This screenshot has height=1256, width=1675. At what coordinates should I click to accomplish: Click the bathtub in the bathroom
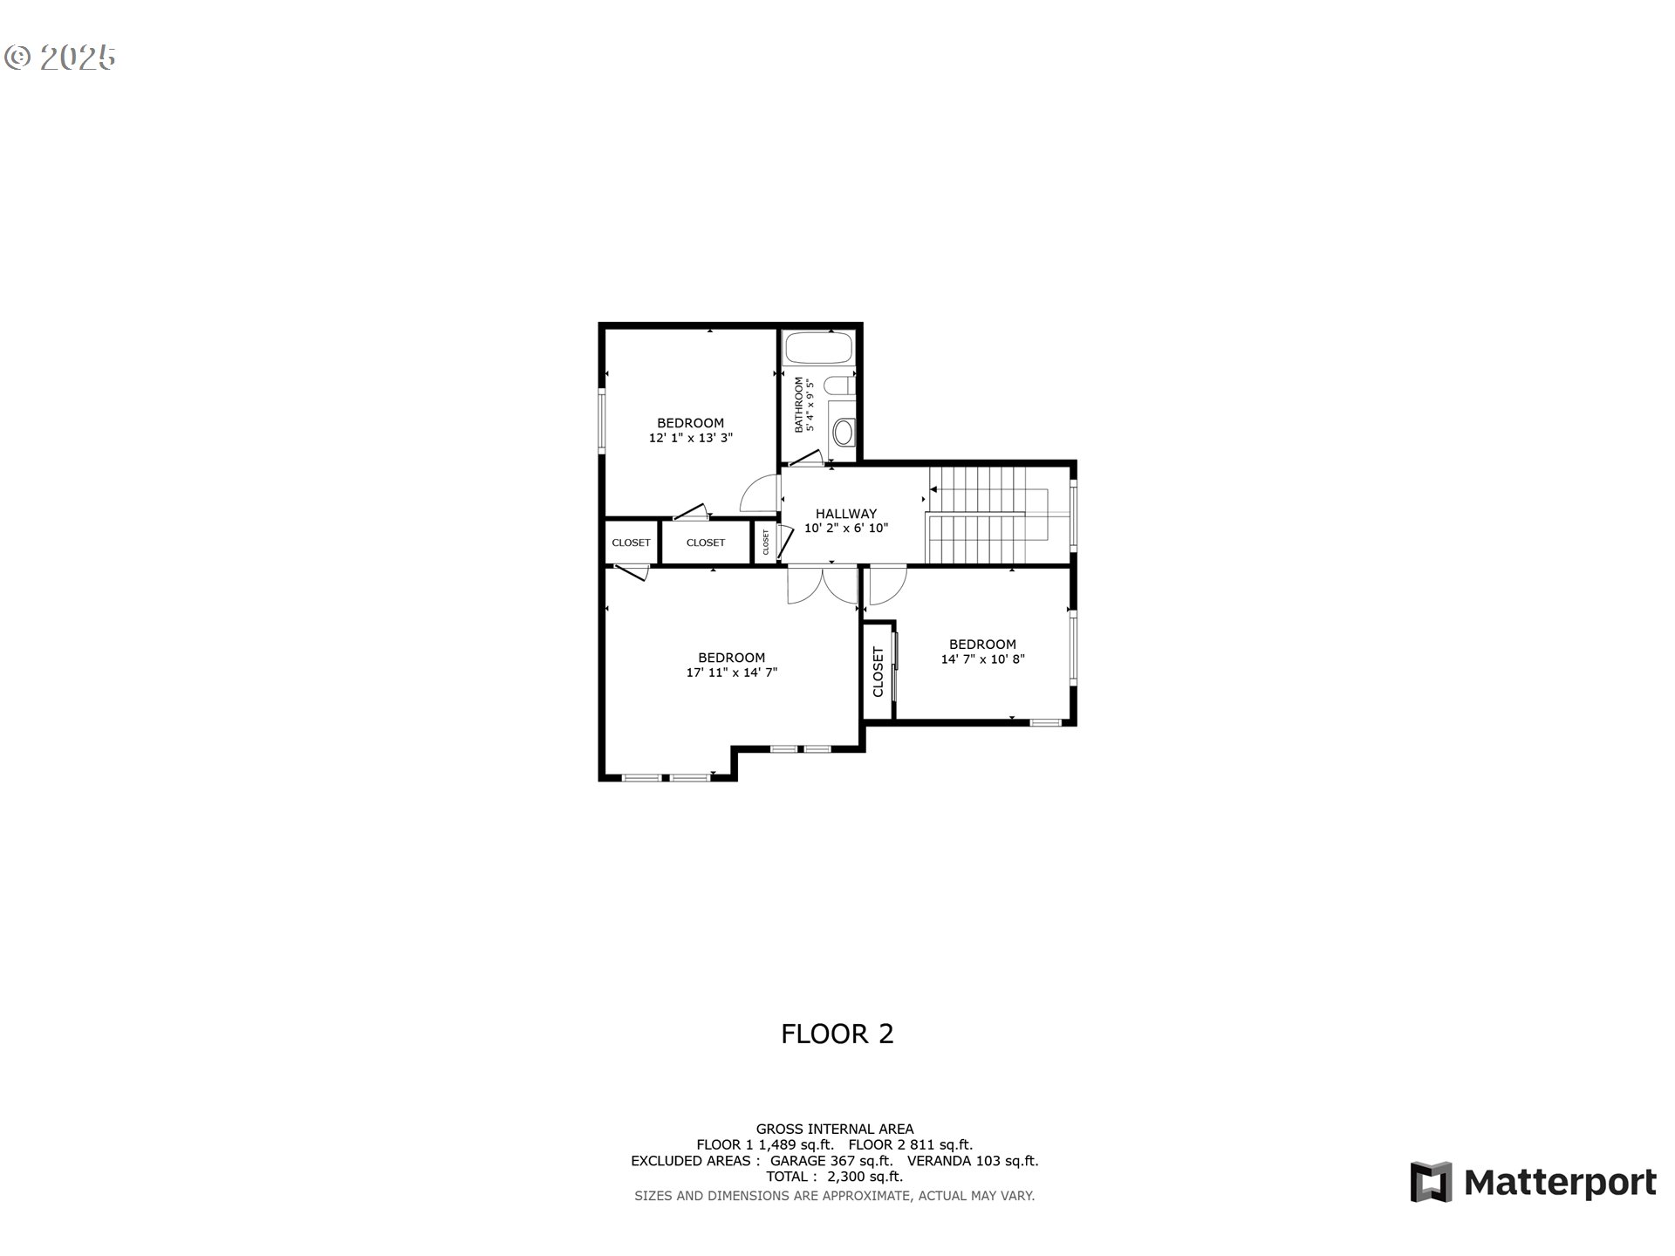point(817,349)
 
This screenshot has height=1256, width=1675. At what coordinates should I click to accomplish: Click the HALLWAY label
point(845,514)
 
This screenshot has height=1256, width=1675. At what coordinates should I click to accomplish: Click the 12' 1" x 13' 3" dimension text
point(690,439)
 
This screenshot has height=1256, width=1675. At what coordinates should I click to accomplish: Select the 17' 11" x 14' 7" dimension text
point(731,672)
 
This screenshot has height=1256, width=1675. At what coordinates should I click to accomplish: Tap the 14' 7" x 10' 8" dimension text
point(982,659)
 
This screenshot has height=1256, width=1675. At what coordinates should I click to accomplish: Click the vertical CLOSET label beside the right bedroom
point(879,672)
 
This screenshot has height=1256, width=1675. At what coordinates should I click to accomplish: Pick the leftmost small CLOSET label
point(631,543)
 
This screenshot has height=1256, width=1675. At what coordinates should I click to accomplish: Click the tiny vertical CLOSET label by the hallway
point(766,542)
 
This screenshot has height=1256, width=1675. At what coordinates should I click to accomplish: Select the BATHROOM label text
point(798,405)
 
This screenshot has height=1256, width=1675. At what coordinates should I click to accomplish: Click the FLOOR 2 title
point(837,1034)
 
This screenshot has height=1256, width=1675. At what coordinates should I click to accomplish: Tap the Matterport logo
point(1533,1183)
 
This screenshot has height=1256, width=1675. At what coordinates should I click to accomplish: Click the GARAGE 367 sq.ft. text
point(831,1161)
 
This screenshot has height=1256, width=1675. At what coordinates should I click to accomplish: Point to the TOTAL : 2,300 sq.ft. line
point(834,1177)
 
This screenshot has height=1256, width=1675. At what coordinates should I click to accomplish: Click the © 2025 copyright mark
point(59,58)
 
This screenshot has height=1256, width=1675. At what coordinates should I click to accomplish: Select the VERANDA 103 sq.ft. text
point(973,1161)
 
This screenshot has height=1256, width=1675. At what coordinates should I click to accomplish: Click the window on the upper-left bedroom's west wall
point(600,420)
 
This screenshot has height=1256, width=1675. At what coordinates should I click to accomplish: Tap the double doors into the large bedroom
point(823,584)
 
